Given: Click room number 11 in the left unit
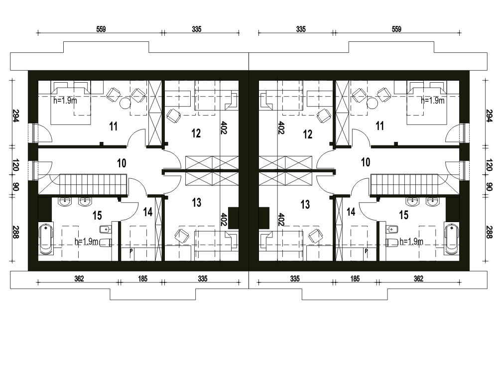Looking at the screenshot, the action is coord(114,126).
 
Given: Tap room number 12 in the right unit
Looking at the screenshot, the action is coord(307,134).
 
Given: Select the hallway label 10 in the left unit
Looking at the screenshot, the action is coord(122,163).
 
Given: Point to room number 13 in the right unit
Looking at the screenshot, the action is coord(305,204).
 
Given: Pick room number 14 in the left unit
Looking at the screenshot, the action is coord(148,212).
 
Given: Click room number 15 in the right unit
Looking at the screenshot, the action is coord(404,215).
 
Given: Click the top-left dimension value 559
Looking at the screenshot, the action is coord(101,29).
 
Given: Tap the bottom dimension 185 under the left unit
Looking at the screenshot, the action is coord(142,279).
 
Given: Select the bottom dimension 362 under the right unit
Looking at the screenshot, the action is coord(419,279).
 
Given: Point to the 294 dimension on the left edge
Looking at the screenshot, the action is coord(16,116).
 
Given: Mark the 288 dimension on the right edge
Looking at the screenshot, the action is coord(490,232).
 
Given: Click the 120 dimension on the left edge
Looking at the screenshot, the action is coord(16,165).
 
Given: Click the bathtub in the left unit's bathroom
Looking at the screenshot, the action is coord(46,239).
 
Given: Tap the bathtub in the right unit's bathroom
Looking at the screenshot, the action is coord(451,239).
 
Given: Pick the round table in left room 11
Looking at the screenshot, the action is coord(125,103).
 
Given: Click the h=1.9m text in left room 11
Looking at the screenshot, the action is coord(65,101).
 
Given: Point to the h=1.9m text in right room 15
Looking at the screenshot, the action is coord(411,242).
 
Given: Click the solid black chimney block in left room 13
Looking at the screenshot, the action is coord(234,218).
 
